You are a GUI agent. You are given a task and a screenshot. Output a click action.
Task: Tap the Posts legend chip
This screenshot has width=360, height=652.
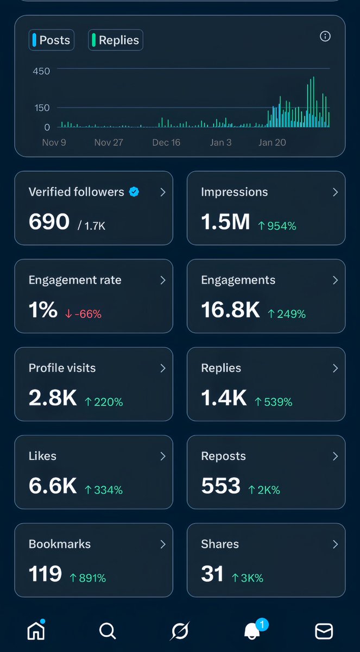51,40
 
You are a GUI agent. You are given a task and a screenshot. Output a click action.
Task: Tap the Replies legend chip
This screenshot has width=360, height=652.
115,40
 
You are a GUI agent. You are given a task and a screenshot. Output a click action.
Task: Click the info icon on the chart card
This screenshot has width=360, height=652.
325,36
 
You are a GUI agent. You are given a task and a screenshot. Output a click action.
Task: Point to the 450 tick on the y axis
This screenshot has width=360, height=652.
41,71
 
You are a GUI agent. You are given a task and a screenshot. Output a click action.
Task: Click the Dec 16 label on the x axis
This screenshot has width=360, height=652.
166,142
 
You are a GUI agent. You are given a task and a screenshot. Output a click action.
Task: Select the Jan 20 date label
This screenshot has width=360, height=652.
272,142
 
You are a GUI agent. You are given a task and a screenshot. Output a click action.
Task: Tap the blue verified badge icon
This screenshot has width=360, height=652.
134,192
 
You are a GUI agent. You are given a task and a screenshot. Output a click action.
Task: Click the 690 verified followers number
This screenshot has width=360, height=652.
49,222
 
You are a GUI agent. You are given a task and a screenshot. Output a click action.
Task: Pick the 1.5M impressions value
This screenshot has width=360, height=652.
225,222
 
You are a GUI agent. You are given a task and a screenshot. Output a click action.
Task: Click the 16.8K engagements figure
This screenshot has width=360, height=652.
231,310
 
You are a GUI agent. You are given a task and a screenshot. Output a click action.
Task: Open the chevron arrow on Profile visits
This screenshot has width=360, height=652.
162,368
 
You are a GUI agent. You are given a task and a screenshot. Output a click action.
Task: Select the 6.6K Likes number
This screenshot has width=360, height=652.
53,486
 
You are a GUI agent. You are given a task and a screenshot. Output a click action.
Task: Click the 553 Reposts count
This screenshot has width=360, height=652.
220,486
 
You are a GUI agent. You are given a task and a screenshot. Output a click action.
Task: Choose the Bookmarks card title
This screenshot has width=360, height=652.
59,544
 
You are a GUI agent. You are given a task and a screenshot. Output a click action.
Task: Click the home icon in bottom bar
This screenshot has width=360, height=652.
36,631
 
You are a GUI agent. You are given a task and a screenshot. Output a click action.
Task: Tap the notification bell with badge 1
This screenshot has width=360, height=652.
252,631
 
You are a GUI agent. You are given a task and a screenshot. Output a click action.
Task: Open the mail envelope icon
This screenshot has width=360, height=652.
324,631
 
